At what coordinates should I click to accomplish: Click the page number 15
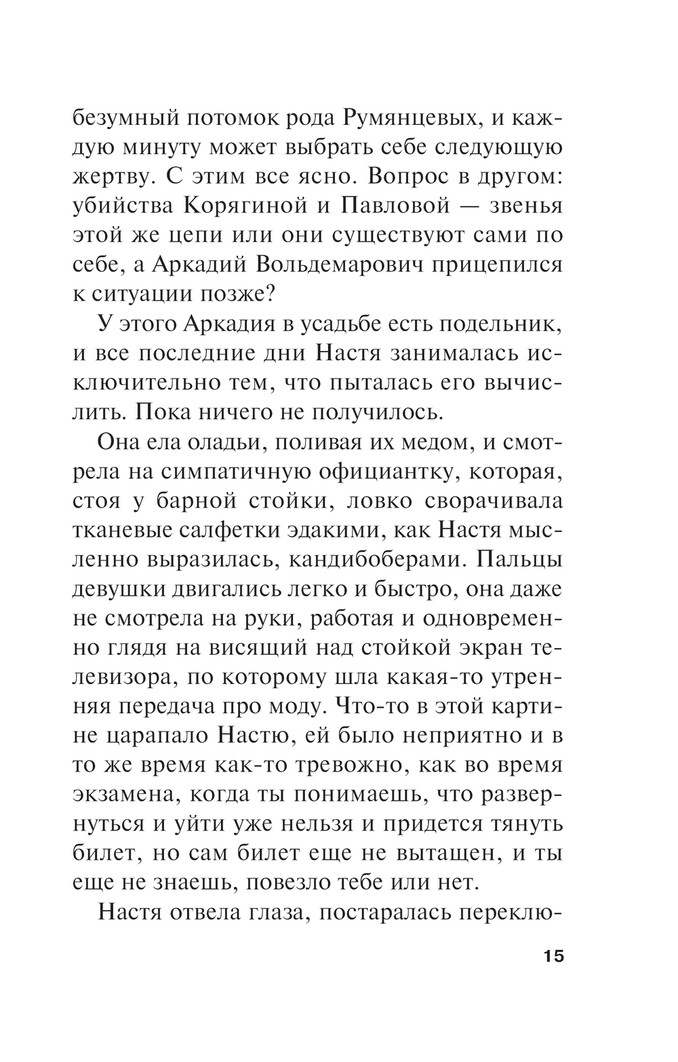click(x=553, y=957)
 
